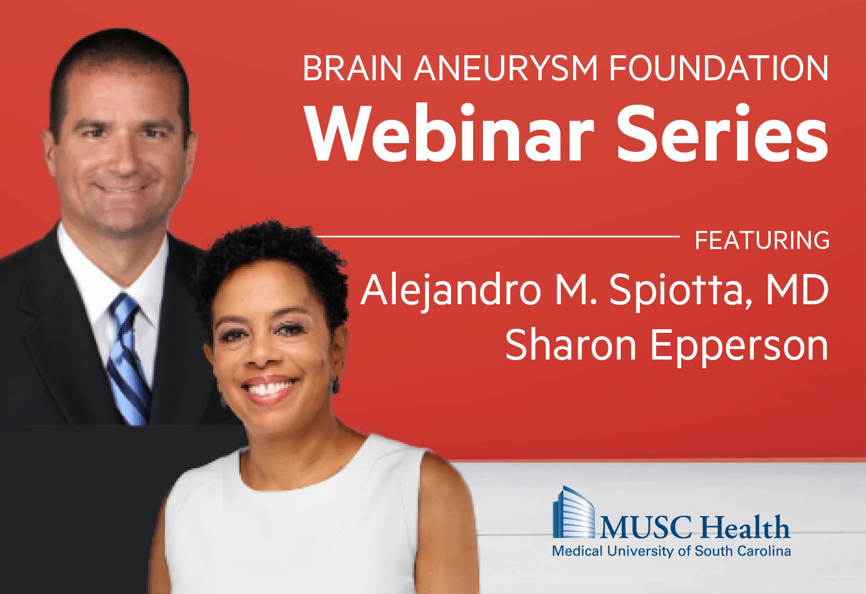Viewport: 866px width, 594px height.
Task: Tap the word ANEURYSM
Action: (506, 69)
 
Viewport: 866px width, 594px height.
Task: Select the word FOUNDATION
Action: (719, 69)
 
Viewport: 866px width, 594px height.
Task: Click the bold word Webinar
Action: (449, 133)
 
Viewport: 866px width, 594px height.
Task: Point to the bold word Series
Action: (722, 133)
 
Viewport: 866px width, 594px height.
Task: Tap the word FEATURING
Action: (762, 240)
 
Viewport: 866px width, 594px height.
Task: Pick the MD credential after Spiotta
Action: (797, 290)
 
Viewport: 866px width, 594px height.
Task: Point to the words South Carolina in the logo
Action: (742, 551)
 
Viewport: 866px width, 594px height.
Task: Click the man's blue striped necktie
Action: (128, 360)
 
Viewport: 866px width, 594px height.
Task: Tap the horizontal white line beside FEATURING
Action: (498, 236)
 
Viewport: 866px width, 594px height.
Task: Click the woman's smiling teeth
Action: (270, 387)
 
